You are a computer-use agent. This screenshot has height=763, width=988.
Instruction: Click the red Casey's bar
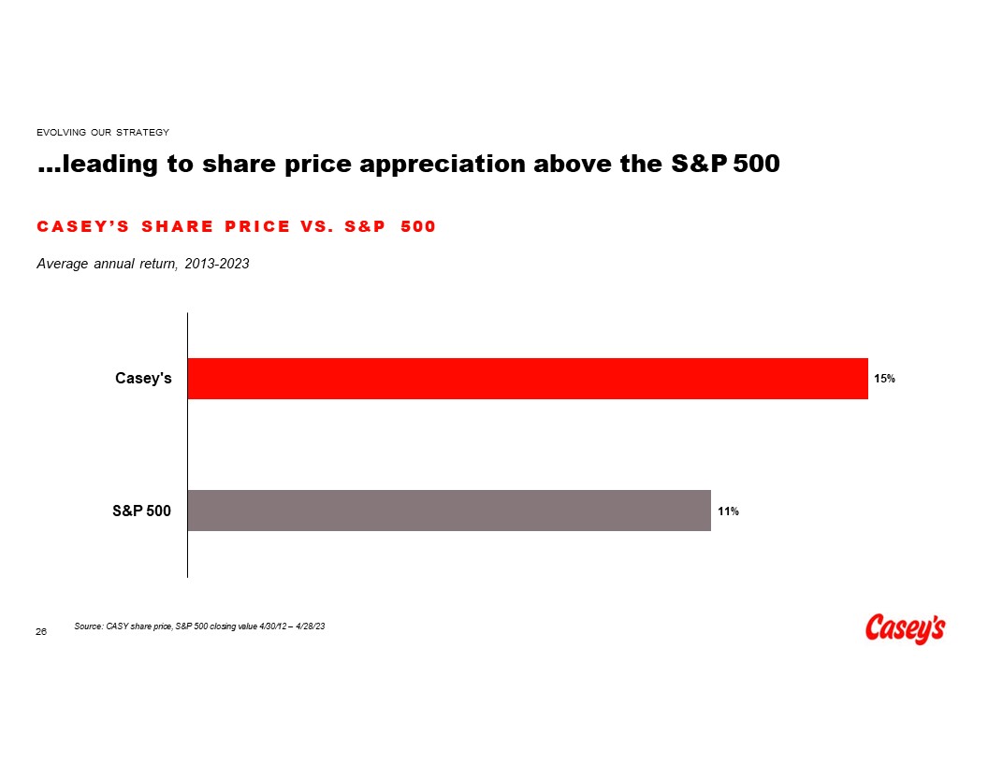528,379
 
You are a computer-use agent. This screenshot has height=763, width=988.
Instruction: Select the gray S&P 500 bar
449,511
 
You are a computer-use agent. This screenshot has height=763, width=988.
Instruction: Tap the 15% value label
884,380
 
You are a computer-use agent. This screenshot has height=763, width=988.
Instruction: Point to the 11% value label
728,511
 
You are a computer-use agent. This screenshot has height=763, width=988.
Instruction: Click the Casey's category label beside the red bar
143,379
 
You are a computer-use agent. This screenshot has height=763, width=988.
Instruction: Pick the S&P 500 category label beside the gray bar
141,511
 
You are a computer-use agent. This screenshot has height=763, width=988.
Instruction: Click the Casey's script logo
905,628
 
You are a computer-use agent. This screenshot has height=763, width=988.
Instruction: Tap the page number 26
41,633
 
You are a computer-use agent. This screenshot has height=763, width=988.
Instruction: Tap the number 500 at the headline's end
756,165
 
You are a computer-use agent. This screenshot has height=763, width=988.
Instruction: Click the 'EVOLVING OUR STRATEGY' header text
102,132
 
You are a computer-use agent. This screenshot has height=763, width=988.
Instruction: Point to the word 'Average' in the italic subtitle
61,265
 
